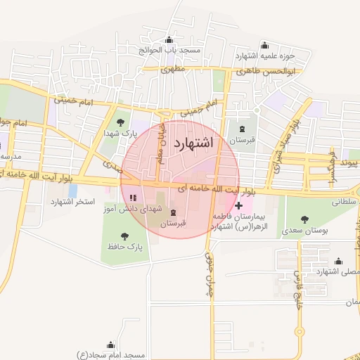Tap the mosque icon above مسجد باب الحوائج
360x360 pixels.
coord(169,40)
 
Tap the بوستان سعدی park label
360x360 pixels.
coord(304,230)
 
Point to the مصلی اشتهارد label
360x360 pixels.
coord(337,271)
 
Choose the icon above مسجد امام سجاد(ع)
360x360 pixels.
coord(110,345)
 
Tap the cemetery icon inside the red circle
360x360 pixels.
coord(173,212)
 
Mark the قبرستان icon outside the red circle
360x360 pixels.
coord(243,129)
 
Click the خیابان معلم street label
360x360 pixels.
coord(162,143)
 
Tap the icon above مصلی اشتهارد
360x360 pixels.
coord(338,260)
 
